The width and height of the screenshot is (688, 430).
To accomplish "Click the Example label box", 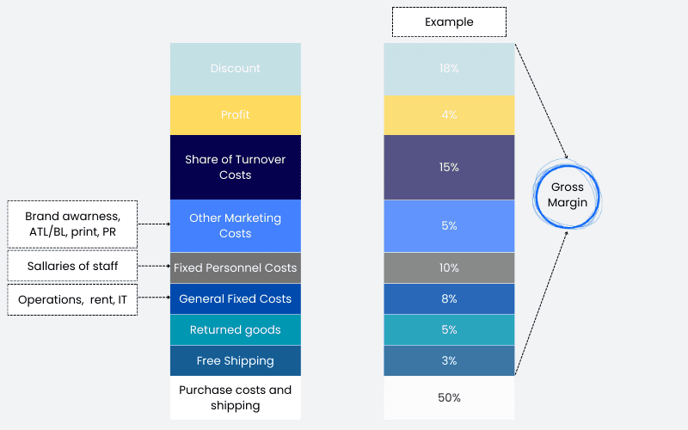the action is pos(449,22).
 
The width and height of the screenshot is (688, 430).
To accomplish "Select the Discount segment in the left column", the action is pos(236,69).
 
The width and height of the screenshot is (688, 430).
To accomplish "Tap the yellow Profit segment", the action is pos(236,115).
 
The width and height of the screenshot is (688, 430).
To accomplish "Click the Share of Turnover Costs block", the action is pos(236,167).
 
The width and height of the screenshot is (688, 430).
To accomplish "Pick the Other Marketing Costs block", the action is pos(236,226).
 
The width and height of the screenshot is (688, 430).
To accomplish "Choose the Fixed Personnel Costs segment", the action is pos(236,267).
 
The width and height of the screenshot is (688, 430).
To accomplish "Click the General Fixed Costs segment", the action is pos(236,298).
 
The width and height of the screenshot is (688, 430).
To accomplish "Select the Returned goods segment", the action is pos(236,330).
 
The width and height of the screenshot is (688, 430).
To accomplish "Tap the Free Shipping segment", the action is pos(236,360).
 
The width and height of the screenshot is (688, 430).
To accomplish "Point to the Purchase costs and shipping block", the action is pos(236,397).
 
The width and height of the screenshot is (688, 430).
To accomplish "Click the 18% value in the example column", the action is pos(449,69).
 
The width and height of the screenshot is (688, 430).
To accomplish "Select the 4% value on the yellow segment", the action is pos(449,115).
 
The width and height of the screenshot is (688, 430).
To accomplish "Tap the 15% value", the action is pos(449,167).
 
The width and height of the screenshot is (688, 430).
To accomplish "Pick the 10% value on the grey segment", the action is pos(449,267).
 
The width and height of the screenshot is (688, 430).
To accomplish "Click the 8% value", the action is pos(449,298).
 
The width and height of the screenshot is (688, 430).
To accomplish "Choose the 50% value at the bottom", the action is pos(449,397).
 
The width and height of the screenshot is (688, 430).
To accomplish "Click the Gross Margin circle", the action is pos(536,195).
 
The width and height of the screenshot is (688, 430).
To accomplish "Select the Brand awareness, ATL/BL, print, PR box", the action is pos(72,224).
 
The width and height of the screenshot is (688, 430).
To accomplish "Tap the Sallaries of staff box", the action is pos(72,266).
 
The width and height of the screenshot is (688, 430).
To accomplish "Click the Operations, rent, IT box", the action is pos(72,299).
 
